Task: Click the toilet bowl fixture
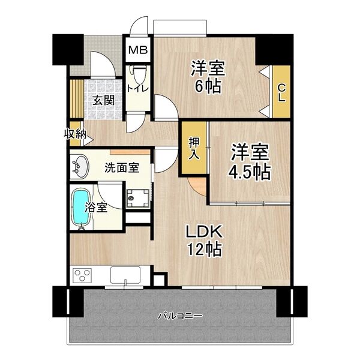pyautogui.click(x=138, y=74)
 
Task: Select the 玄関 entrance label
pyautogui.click(x=103, y=100)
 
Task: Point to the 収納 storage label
pyautogui.click(x=74, y=134)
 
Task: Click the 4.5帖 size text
pyautogui.click(x=249, y=172)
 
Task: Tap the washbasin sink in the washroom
pyautogui.click(x=79, y=167)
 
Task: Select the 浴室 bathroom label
pyautogui.click(x=97, y=208)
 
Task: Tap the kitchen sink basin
pyautogui.click(x=125, y=276)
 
